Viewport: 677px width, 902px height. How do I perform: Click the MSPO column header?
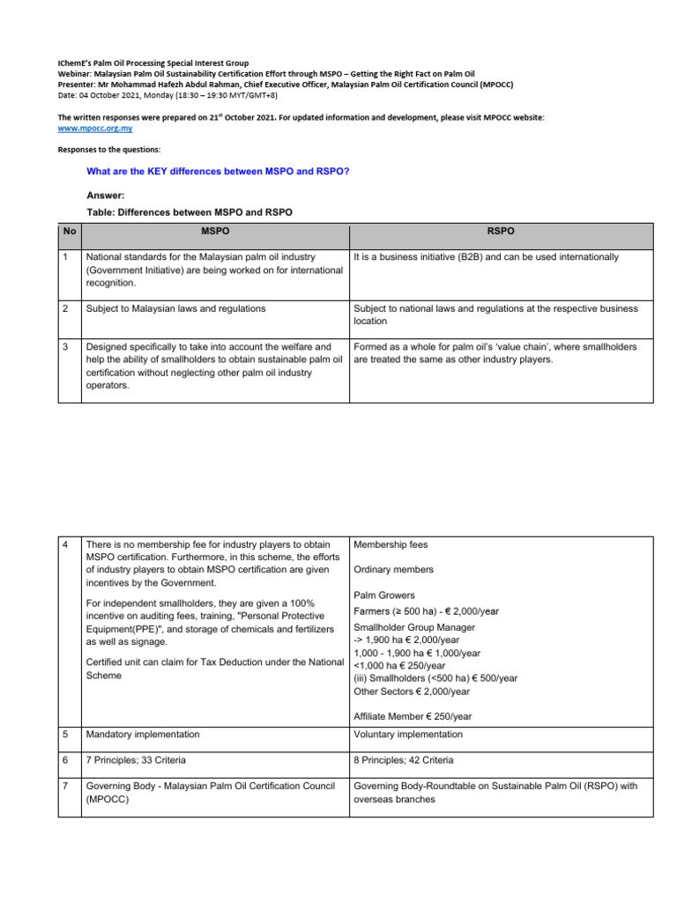coord(215,231)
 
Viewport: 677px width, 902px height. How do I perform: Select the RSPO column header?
coord(501,231)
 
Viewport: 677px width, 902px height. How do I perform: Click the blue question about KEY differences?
coord(217,171)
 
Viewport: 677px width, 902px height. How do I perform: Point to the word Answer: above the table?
coord(106,196)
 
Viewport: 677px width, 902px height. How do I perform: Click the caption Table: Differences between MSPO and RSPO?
coord(190,213)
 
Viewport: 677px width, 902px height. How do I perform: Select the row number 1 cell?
coord(66,257)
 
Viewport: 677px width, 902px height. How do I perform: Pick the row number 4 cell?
coord(66,545)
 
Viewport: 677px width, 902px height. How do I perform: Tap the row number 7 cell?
coord(66,786)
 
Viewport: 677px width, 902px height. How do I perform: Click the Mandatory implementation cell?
coord(143,735)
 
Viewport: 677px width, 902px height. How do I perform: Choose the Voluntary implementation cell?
coord(407,735)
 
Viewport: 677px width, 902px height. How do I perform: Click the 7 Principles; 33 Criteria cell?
coord(136,760)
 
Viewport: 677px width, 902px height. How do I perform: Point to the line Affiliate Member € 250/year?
coord(412,716)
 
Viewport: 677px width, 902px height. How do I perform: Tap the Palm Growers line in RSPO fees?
coord(384,595)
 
